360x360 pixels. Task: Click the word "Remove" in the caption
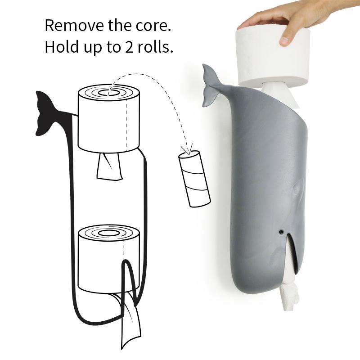pyautogui.click(x=74, y=25)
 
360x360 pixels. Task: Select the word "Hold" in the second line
pyautogui.click(x=62, y=47)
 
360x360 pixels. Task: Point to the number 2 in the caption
pyautogui.click(x=129, y=47)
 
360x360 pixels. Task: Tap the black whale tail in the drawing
pyautogui.click(x=46, y=113)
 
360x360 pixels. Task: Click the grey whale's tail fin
pyautogui.click(x=210, y=86)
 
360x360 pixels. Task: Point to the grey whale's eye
pyautogui.click(x=281, y=232)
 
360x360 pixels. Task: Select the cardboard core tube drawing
pyautogui.click(x=194, y=179)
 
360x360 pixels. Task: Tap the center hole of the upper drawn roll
pyautogui.click(x=108, y=93)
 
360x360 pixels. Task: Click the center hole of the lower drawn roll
pyautogui.click(x=108, y=233)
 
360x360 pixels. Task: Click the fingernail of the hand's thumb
pyautogui.click(x=284, y=41)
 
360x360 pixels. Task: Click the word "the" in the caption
pyautogui.click(x=120, y=25)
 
